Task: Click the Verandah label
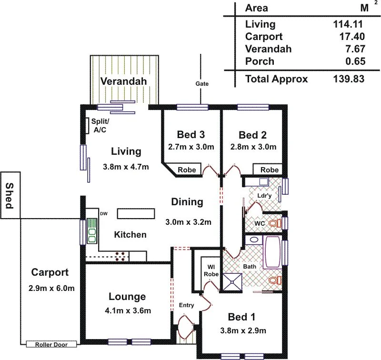click(x=123, y=81)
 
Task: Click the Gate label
click(x=202, y=84)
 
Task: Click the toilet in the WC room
click(x=273, y=223)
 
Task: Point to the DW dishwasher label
click(x=103, y=213)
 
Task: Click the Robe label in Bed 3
click(x=186, y=170)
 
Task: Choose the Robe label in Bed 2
click(x=270, y=170)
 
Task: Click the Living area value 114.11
click(x=349, y=24)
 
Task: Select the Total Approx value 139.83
click(x=349, y=79)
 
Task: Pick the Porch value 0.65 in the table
click(x=355, y=61)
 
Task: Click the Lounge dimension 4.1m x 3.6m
click(x=127, y=311)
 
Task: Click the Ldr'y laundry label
click(x=264, y=196)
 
